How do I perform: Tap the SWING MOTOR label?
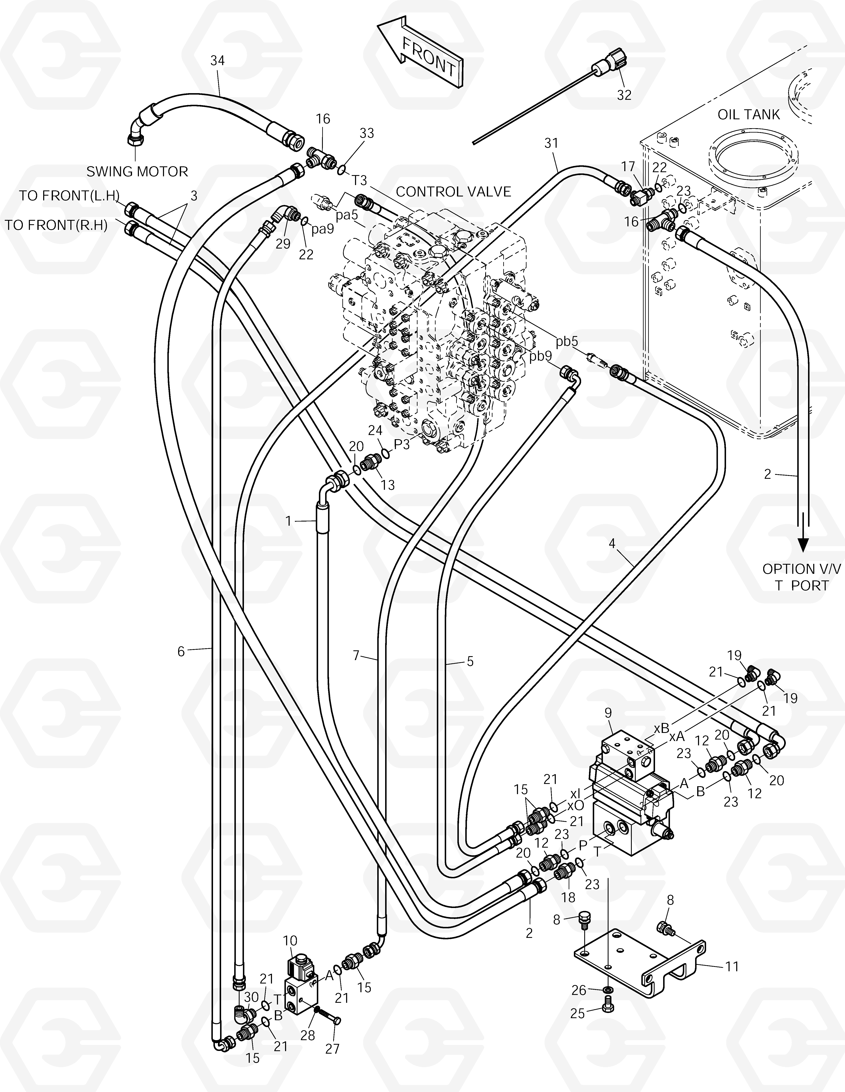point(137,172)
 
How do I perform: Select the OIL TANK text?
point(748,115)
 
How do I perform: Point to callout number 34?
point(217,61)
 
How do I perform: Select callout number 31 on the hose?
point(551,144)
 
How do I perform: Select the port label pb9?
point(541,356)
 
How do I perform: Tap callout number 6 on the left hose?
point(181,651)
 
